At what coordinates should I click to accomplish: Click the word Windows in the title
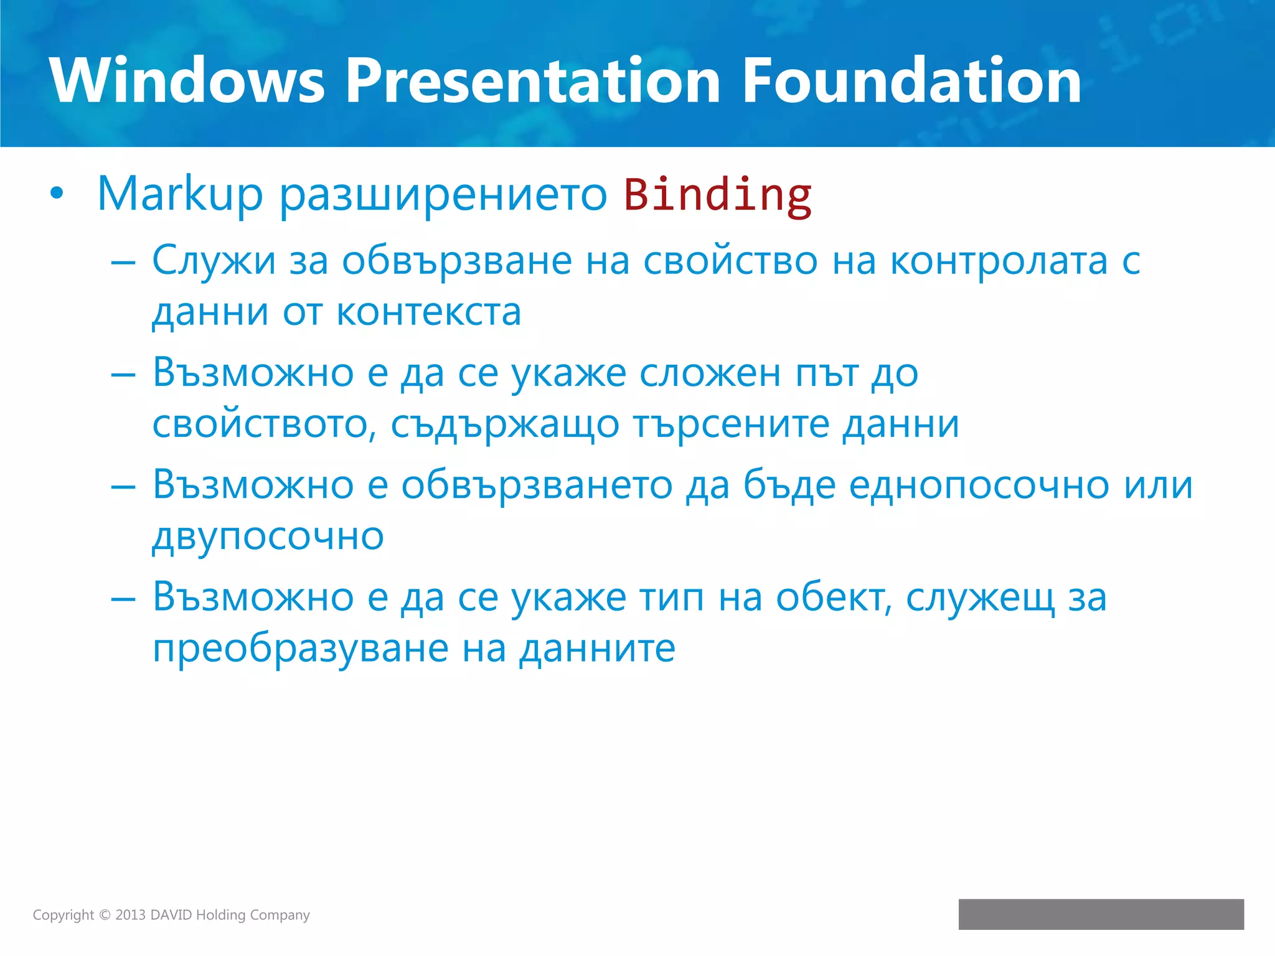187,81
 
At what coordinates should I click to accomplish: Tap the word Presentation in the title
533,81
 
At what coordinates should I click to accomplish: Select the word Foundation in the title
911,81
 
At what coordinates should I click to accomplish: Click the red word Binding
718,195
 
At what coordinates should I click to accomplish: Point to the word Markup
181,195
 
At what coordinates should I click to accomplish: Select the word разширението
443,195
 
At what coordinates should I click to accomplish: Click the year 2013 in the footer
130,915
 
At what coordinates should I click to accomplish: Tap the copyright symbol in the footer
105,915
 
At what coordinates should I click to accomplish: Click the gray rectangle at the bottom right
1101,914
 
